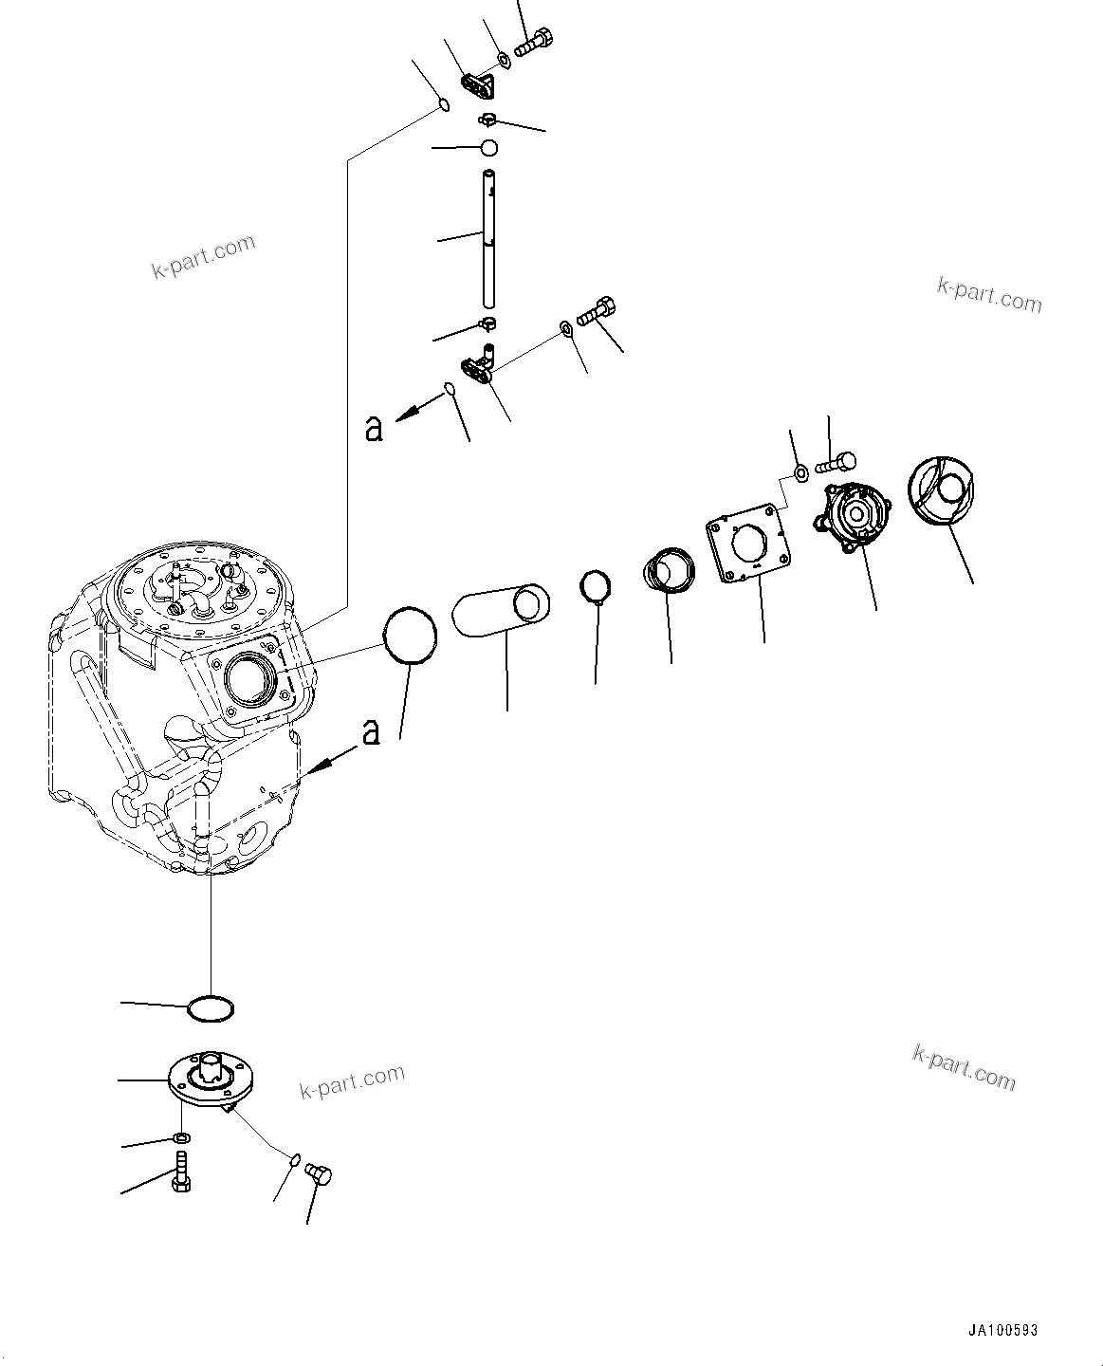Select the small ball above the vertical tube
click(x=488, y=148)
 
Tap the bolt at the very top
click(x=534, y=43)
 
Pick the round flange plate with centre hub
click(x=213, y=1082)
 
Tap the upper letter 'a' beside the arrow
click(x=374, y=429)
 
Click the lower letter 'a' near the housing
click(x=371, y=731)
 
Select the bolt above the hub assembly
click(x=836, y=463)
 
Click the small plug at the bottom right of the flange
click(x=320, y=1176)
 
